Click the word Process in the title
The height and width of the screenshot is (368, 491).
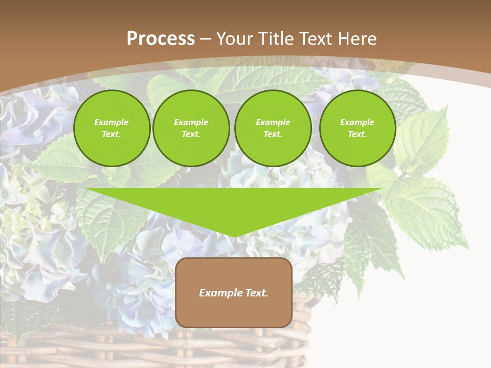coord(161,39)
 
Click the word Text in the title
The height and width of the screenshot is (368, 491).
coord(315,39)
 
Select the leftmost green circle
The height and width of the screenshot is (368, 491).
coord(111,128)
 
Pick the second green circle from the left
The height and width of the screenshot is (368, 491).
coord(191,128)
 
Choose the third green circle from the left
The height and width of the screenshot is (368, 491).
coord(273,128)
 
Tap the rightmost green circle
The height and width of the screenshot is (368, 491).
coord(357,128)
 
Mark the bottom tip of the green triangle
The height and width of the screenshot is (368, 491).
coord(234,236)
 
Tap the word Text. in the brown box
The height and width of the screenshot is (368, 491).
coord(257,293)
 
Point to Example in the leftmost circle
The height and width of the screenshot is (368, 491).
coord(111,122)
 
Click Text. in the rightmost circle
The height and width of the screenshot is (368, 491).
coord(357,134)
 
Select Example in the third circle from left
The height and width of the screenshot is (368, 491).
coord(273,122)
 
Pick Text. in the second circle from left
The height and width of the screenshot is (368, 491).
coord(191,134)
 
